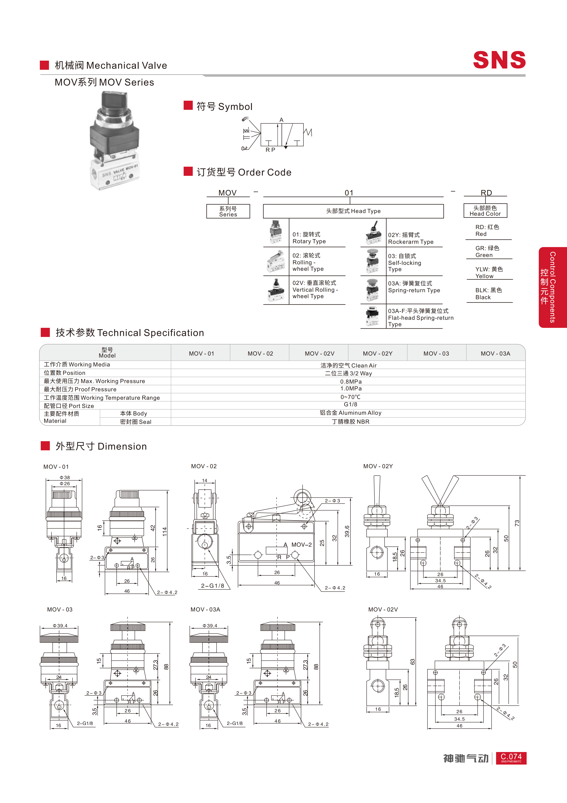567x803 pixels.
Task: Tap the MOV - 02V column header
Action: (319, 354)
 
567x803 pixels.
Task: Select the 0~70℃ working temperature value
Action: (350, 397)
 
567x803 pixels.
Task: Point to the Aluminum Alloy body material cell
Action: (350, 413)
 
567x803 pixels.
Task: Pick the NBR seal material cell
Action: (350, 422)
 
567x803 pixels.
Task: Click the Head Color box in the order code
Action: (485, 211)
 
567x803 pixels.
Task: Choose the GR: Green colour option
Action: (487, 251)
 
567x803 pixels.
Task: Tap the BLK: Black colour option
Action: (488, 294)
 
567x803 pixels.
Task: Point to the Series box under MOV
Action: (228, 211)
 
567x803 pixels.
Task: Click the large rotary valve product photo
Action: (115, 141)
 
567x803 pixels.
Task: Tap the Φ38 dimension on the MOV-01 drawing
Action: (65, 477)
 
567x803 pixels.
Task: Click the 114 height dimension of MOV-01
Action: (165, 532)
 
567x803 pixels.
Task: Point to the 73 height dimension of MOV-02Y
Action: (517, 523)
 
